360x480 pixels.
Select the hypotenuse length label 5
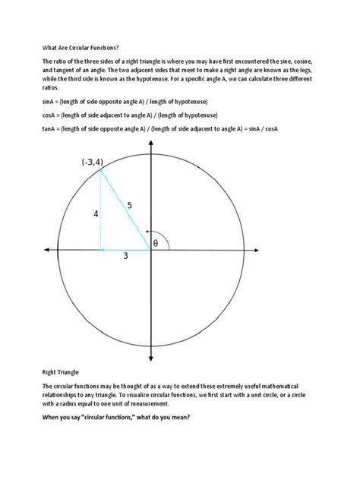click(x=130, y=205)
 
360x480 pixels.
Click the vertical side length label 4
click(x=96, y=215)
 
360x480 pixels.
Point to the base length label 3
click(x=125, y=257)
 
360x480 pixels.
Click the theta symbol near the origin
click(x=156, y=243)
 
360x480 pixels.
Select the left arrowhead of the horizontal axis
click(x=49, y=249)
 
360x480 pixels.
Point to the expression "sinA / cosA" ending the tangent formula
click(x=261, y=128)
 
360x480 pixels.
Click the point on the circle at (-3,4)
click(x=101, y=170)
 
